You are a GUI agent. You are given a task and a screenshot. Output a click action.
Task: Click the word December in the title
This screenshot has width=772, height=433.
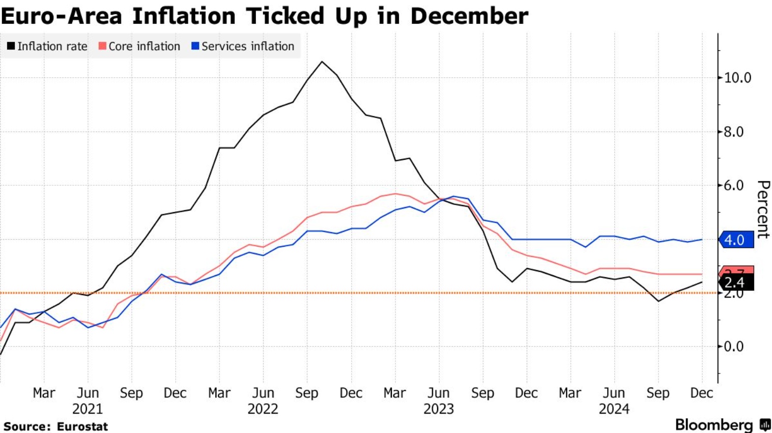(469, 16)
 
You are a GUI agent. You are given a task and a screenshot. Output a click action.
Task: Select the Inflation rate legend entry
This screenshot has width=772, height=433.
(47, 46)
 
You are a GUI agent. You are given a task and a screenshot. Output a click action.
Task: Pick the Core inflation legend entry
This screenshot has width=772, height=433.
(139, 46)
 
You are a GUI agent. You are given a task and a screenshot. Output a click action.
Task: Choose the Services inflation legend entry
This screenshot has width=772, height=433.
(243, 46)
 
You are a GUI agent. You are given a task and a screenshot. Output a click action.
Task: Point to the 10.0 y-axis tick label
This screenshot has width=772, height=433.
(737, 78)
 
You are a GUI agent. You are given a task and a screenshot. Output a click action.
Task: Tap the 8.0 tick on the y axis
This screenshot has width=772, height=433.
(733, 132)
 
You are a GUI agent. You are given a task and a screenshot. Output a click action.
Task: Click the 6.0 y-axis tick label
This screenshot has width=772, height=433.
(733, 186)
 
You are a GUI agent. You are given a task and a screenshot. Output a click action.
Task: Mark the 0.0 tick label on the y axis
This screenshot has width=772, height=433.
(733, 347)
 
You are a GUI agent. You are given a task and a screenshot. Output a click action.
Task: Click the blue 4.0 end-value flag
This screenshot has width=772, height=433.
(736, 240)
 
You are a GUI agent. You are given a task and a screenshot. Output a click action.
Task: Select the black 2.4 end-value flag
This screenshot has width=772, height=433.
(736, 283)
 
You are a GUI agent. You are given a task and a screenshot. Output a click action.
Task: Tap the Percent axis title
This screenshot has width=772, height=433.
(763, 209)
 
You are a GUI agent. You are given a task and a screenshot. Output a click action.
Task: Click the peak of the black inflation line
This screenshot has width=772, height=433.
(322, 62)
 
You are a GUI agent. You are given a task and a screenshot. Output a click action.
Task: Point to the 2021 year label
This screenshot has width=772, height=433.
(88, 409)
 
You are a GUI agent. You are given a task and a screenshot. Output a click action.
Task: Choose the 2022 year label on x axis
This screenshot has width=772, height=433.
(263, 409)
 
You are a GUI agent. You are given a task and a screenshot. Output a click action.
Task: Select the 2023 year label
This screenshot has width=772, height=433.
(438, 409)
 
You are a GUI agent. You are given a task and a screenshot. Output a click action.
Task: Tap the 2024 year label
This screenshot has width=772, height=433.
(614, 409)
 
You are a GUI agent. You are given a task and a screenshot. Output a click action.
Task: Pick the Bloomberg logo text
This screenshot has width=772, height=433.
(713, 425)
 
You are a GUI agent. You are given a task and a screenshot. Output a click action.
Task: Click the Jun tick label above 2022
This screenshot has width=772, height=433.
(263, 393)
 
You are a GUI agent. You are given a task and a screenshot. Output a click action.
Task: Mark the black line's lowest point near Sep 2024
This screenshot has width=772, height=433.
(659, 301)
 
